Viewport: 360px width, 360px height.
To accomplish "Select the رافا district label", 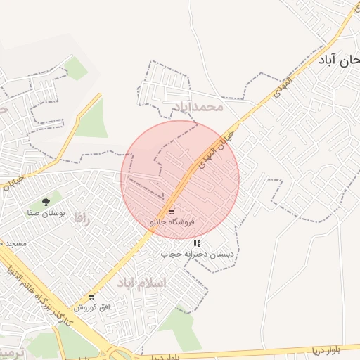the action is coord(83,219).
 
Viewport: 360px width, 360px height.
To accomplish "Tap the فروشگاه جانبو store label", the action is coord(172,221).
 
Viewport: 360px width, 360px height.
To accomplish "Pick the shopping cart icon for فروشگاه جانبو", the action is coord(172,211).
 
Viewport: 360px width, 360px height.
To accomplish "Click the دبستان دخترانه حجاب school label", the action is coord(196,253).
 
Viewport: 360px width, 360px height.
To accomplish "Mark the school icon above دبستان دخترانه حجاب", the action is coord(197,243).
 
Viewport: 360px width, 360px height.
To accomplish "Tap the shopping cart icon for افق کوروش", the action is coord(91,297).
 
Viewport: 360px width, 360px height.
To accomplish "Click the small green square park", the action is coord(76,68).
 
